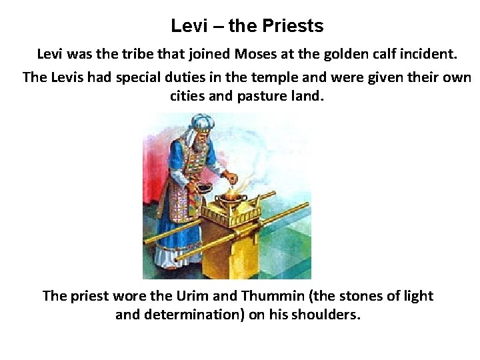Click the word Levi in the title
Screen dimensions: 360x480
pos(185,26)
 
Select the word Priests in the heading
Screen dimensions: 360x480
pos(293,26)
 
